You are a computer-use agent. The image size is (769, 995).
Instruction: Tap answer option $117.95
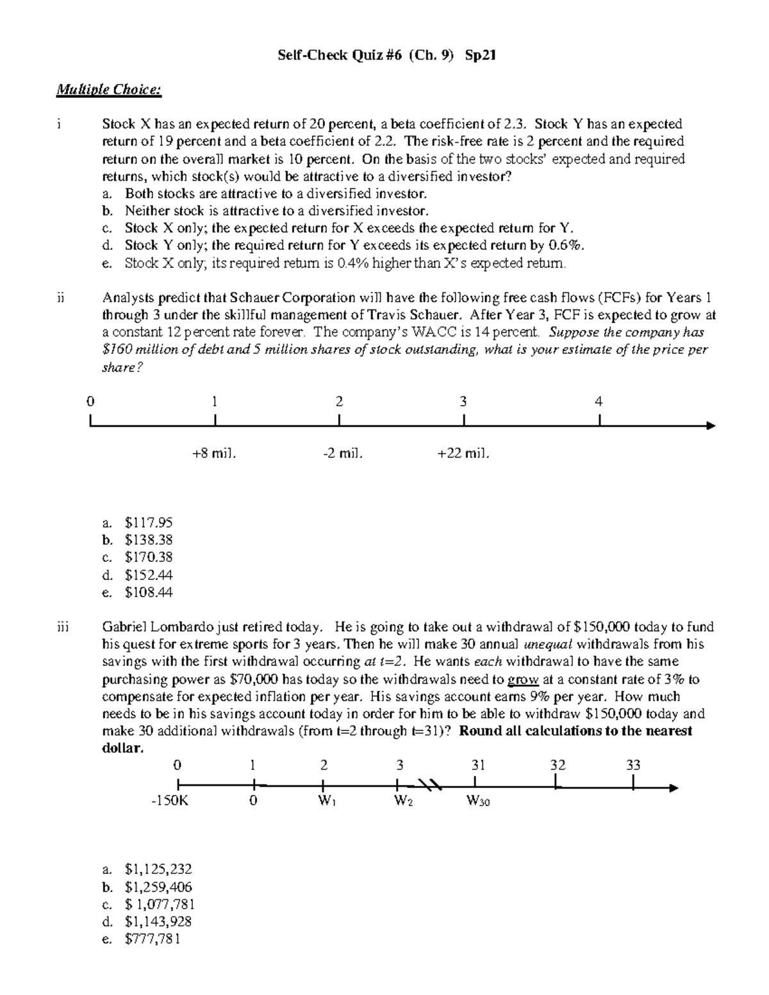148,523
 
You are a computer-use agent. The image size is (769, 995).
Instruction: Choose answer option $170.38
148,557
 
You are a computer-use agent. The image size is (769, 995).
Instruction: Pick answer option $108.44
148,593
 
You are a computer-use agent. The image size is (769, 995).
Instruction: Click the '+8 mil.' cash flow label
214,454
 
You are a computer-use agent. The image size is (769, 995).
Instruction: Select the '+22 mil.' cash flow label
463,454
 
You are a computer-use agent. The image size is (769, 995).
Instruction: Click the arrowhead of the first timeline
709,425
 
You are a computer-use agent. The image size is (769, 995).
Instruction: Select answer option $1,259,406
158,887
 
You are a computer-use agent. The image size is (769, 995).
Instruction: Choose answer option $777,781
153,939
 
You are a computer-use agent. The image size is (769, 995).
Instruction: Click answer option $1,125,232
158,869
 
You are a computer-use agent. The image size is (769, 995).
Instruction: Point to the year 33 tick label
633,765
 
